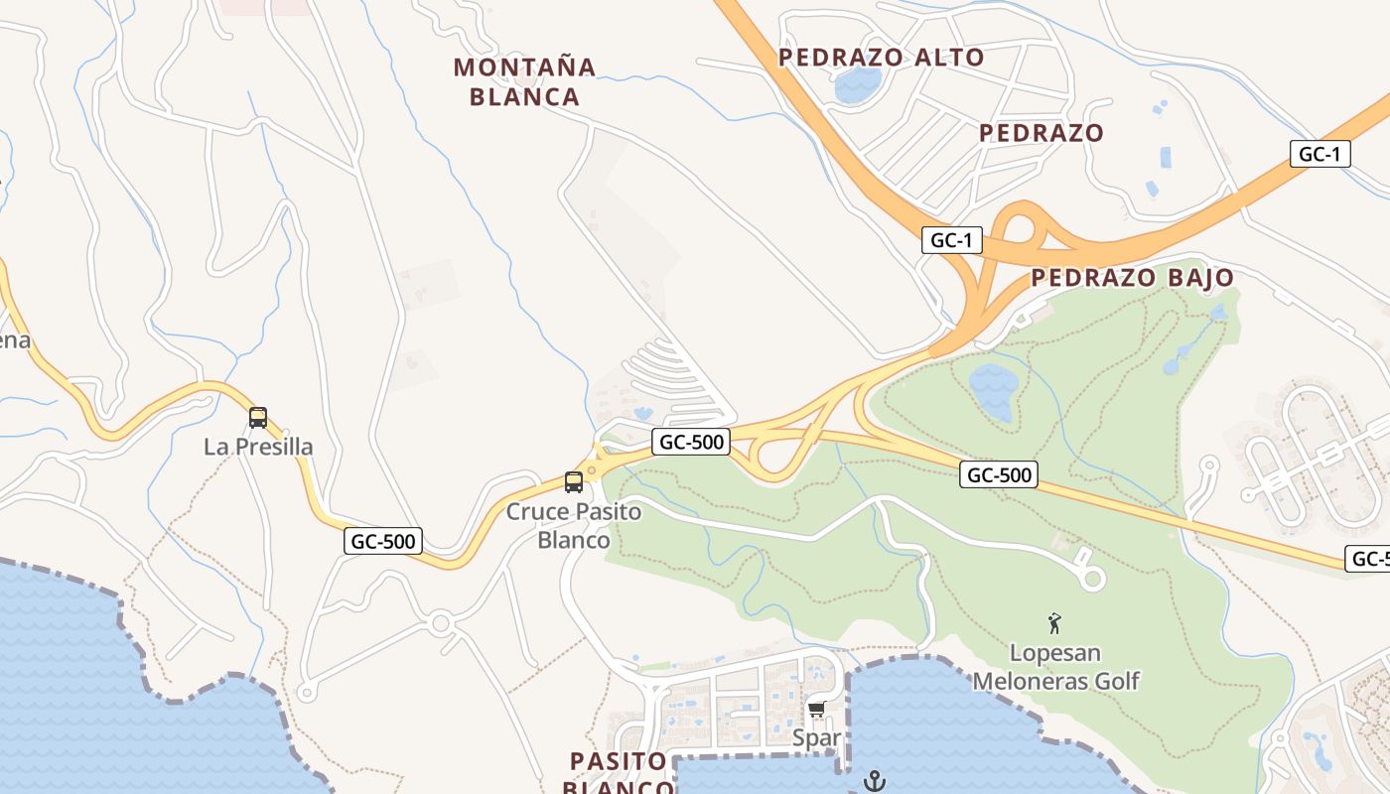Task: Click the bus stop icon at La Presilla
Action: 258,418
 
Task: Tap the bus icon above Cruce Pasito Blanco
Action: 574,482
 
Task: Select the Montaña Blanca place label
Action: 524,81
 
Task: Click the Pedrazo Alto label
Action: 881,58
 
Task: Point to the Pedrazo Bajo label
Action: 1132,278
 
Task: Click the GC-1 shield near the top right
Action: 1320,154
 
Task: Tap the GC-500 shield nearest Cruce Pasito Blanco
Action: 691,442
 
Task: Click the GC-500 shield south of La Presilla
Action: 384,541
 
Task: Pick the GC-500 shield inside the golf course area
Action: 1000,475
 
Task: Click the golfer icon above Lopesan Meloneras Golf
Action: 1054,623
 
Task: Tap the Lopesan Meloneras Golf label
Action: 1055,667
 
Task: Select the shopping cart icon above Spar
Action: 817,709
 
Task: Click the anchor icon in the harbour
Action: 875,781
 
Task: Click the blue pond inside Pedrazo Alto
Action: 852,86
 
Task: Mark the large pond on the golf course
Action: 992,390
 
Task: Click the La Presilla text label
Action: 258,447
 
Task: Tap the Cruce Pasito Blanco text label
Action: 574,526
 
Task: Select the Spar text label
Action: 817,738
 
